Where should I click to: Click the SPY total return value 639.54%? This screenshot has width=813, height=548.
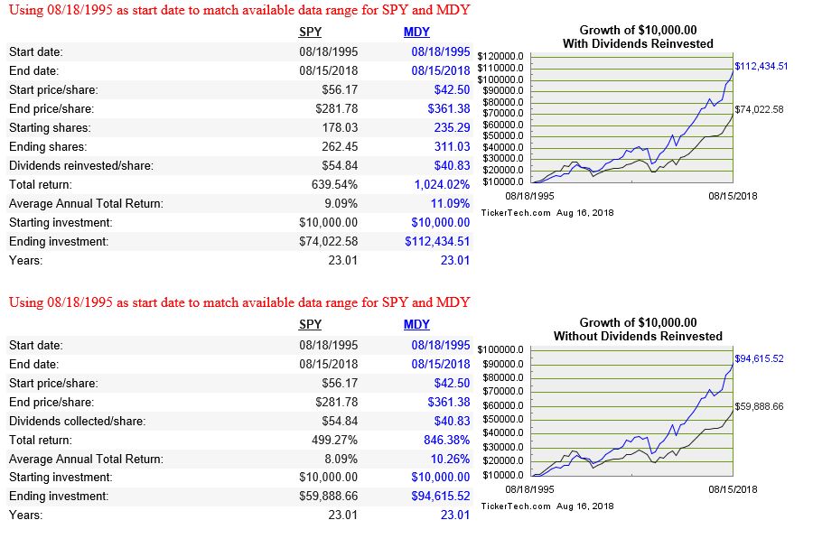tap(334, 184)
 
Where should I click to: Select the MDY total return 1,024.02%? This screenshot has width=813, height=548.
tap(442, 184)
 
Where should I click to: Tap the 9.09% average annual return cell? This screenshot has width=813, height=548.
tap(341, 203)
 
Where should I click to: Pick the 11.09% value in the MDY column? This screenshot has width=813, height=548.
tap(450, 203)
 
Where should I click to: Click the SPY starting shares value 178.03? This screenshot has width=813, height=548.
tap(340, 127)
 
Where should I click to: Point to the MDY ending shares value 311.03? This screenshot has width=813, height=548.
tap(453, 146)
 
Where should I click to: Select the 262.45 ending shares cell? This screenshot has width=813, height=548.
tap(340, 146)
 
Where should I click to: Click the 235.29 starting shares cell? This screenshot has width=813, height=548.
tap(453, 127)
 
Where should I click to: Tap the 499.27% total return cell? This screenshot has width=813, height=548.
tap(334, 440)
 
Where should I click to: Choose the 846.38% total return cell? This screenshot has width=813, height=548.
tap(446, 440)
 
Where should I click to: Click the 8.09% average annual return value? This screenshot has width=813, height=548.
tap(341, 459)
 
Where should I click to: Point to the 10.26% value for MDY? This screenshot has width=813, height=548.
tap(450, 459)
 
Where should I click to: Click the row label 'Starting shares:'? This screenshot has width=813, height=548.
tap(50, 127)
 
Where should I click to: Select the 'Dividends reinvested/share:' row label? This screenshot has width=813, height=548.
tap(81, 166)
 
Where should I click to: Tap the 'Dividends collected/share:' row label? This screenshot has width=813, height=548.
tap(78, 421)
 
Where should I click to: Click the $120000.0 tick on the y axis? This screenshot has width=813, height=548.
tap(500, 56)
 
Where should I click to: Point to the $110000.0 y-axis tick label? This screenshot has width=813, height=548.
tap(500, 68)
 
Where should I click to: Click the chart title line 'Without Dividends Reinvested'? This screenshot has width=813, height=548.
tap(638, 336)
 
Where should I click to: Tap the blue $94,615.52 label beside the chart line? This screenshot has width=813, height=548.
tap(759, 358)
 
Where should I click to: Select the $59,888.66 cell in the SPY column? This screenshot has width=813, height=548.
tap(328, 497)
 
